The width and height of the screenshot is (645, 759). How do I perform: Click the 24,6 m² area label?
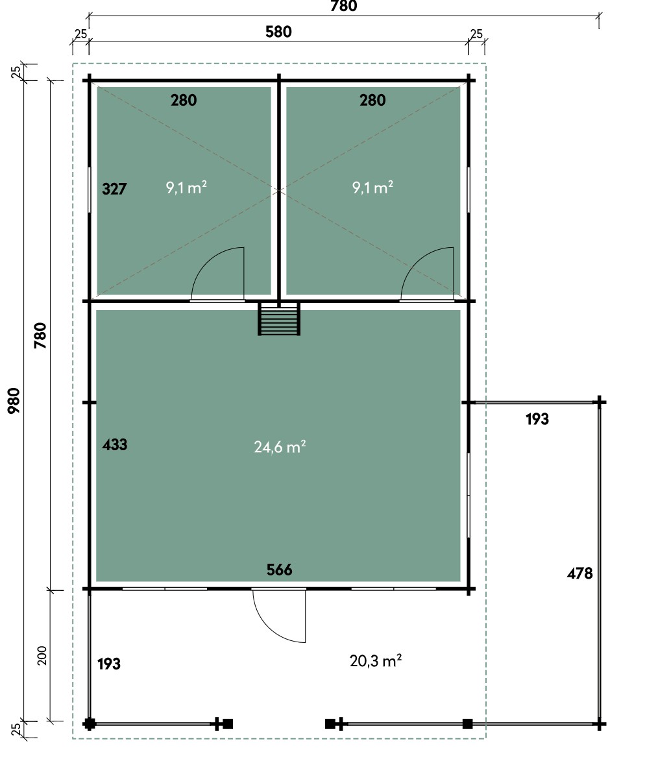tap(280, 446)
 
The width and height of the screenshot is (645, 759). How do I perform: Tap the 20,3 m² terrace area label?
tap(376, 661)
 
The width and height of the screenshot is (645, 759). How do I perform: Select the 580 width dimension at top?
tap(278, 32)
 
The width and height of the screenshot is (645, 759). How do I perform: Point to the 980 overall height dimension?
tap(14, 400)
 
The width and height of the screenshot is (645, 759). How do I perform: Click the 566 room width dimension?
tap(280, 570)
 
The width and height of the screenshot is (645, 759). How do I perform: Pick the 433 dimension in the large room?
tap(115, 444)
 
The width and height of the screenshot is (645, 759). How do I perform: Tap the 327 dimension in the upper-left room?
tap(114, 188)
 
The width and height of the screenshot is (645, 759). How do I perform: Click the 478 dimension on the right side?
tap(579, 573)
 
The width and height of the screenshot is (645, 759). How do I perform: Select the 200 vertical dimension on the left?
tap(42, 655)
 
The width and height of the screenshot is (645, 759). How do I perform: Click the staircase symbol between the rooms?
tap(279, 319)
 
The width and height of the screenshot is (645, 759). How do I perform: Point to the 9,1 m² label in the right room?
tap(372, 187)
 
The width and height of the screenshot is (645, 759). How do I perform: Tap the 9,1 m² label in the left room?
tap(186, 187)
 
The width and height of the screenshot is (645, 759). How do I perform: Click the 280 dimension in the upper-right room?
tap(372, 100)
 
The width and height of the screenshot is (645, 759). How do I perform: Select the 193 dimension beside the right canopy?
tap(537, 419)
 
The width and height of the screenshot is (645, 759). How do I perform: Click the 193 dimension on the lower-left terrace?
tap(109, 664)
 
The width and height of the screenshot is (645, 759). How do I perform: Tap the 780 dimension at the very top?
tap(344, 6)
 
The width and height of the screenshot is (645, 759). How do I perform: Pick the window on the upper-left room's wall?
tap(89, 189)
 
